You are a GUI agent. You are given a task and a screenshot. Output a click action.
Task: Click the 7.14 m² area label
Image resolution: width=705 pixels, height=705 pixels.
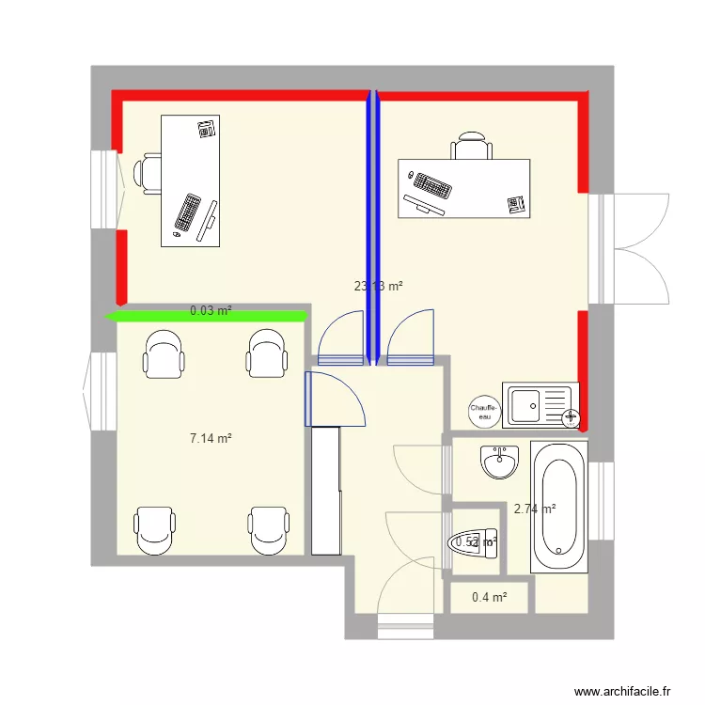211,438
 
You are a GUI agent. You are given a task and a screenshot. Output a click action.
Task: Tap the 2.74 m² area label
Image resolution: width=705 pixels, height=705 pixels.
534,509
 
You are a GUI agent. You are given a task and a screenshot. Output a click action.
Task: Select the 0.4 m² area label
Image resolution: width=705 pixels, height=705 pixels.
489,597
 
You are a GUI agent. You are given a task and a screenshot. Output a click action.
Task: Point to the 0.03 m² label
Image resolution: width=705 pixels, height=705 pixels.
211,309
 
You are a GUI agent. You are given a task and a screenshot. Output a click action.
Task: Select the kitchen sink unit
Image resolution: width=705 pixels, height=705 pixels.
540,405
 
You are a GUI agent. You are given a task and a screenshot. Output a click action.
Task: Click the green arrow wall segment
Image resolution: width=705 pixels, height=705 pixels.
207,317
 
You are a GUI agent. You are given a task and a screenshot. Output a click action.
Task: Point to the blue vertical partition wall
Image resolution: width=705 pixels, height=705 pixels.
373,226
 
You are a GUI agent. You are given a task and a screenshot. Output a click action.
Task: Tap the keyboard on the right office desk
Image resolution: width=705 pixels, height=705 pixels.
430,185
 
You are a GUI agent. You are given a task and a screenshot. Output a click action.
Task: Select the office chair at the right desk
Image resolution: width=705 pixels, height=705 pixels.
471,148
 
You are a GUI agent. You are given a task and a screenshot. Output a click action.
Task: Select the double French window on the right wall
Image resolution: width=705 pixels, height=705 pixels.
628,248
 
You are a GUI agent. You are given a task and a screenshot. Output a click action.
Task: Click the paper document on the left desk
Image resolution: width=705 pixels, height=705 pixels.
207,129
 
